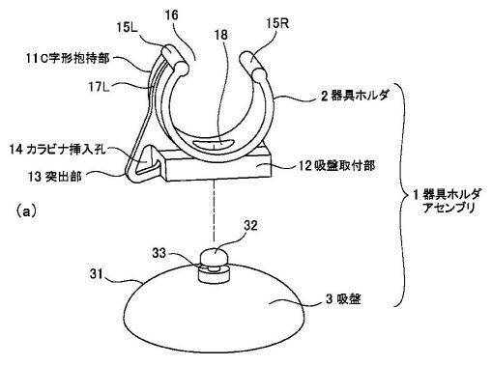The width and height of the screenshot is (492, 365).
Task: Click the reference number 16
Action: (171, 15)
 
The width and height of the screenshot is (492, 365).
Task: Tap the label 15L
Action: (128, 27)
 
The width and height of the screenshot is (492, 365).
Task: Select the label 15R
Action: (277, 23)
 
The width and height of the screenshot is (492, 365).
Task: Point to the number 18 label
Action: (221, 35)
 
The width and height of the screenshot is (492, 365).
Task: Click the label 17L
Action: (100, 86)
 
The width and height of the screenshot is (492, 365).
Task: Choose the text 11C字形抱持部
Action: (68, 58)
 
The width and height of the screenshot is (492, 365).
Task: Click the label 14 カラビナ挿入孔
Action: (58, 149)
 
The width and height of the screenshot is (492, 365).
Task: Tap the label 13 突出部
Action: (55, 176)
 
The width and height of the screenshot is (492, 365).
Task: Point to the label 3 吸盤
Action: (343, 299)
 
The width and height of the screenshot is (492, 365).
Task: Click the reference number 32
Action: (250, 226)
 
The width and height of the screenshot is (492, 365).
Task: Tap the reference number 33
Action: (159, 253)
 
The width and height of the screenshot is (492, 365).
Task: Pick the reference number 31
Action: (97, 274)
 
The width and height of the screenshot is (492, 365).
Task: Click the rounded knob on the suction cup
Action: (213, 256)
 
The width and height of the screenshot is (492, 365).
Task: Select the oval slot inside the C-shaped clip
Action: (214, 144)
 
